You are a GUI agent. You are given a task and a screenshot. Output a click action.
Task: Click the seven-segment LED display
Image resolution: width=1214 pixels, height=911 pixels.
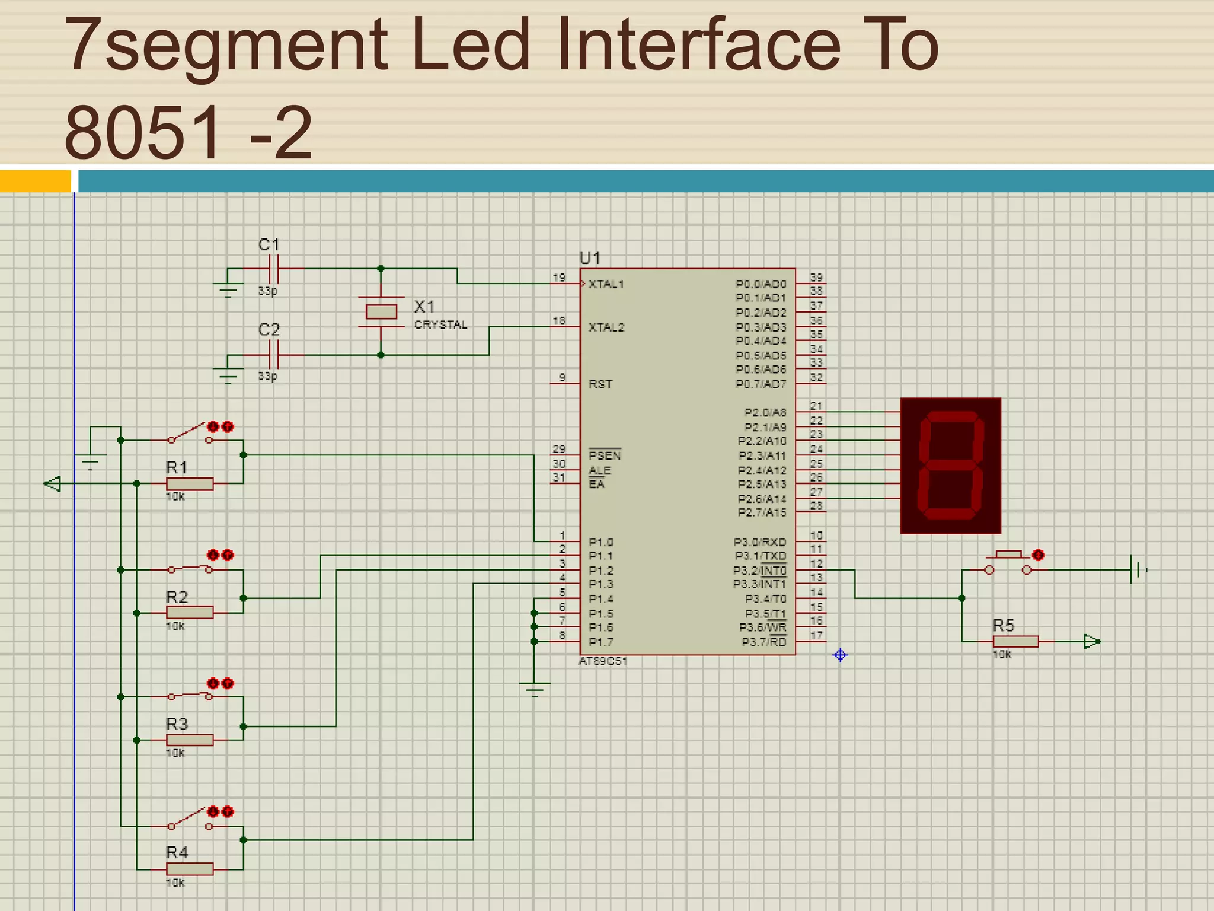(950, 466)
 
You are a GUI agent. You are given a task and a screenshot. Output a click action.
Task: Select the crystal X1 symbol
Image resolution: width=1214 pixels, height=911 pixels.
(381, 311)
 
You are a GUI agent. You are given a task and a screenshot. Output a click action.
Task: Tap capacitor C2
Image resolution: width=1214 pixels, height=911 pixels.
(273, 355)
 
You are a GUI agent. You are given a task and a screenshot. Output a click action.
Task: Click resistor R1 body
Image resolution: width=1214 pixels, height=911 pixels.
(190, 484)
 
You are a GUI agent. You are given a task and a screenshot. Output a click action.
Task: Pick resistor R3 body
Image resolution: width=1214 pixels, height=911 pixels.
(190, 740)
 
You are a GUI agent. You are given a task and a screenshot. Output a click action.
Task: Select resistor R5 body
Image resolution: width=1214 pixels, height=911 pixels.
(1015, 641)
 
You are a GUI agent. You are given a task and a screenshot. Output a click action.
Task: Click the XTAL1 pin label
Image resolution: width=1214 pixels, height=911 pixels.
(606, 284)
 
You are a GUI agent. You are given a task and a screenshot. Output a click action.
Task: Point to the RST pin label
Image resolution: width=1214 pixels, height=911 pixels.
(600, 384)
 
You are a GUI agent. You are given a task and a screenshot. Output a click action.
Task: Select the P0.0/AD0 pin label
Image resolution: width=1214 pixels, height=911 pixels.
(761, 284)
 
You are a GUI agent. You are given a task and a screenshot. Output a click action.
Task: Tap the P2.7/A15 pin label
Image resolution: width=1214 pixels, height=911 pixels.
(762, 512)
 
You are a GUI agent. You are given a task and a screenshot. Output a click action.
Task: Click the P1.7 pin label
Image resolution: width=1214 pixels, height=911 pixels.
(600, 642)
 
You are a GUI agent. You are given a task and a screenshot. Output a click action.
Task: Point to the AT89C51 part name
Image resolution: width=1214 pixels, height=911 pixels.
(602, 661)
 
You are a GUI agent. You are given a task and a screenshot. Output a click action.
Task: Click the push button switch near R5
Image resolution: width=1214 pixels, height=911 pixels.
(1008, 563)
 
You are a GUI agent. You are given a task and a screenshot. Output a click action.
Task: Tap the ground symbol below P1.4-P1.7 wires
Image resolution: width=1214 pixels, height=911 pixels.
(534, 688)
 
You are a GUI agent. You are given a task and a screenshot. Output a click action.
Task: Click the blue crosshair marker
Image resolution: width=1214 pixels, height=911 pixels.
(840, 655)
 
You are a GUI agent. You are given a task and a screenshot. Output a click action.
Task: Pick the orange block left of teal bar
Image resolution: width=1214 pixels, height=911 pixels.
(35, 181)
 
